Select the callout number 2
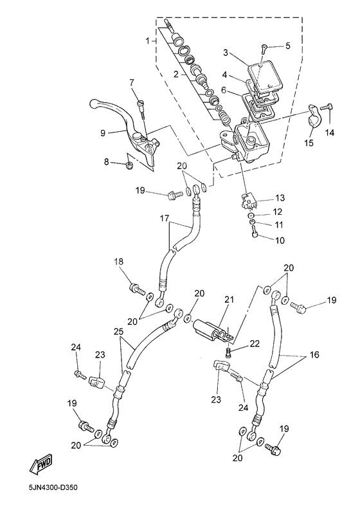[175, 75]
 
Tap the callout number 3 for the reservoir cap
[226, 51]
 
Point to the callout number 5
[288, 46]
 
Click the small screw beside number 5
[264, 47]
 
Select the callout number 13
[280, 197]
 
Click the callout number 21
[228, 300]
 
